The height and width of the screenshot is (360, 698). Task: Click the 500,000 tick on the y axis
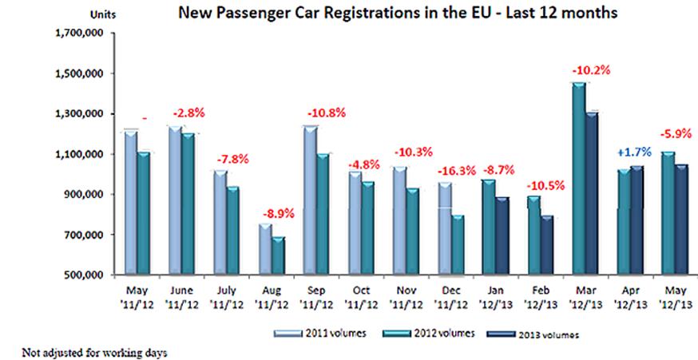tap(80, 275)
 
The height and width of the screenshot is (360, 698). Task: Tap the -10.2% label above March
tap(589, 70)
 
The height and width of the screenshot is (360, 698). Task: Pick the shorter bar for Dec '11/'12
tap(458, 244)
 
